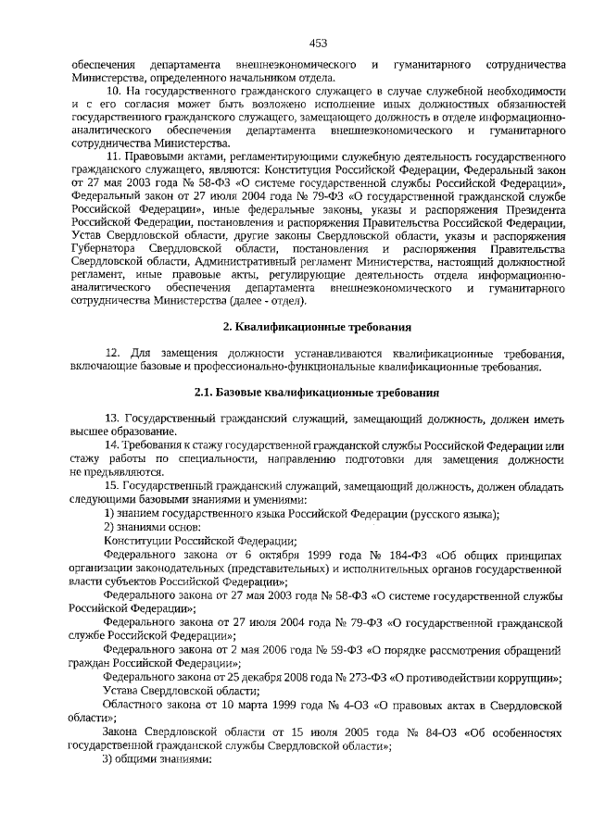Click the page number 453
(318, 43)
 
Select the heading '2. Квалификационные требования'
(318, 327)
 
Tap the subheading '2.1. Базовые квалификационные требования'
(317, 393)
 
